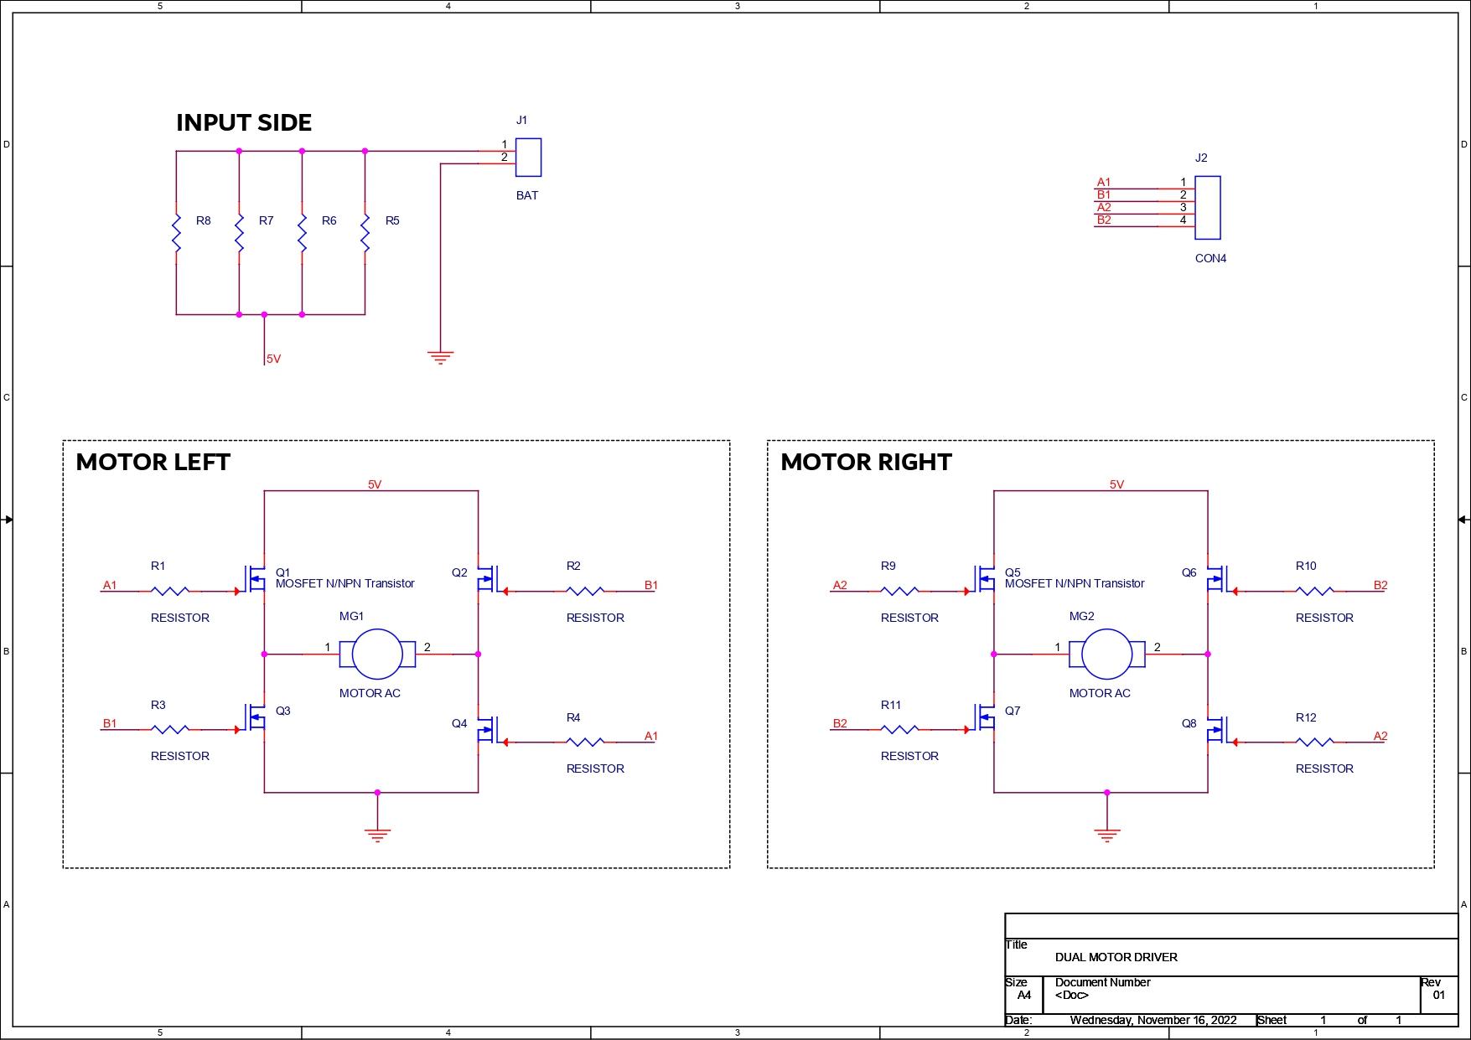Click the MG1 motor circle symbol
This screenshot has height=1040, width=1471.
(x=377, y=654)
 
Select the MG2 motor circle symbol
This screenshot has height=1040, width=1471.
(x=1106, y=654)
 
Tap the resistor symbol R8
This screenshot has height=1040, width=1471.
(x=177, y=233)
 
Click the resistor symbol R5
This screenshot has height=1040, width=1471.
(x=365, y=233)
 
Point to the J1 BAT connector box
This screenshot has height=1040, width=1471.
(x=528, y=158)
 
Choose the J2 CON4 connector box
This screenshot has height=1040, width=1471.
(x=1207, y=207)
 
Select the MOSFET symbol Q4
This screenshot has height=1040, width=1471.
(x=487, y=729)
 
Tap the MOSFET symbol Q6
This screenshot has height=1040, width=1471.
(x=1217, y=577)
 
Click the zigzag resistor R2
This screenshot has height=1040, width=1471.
(x=585, y=591)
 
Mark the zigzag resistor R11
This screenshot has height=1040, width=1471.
(x=899, y=729)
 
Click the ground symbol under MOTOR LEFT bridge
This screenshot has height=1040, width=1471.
(x=377, y=834)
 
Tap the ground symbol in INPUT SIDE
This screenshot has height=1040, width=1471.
(x=440, y=358)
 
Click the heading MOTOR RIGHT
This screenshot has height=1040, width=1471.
(x=866, y=462)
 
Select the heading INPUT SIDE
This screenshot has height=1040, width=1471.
(x=244, y=122)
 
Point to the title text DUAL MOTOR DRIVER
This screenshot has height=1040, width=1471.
(x=1116, y=957)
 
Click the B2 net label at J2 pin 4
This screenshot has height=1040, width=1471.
(x=1104, y=220)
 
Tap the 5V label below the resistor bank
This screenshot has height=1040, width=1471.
(x=273, y=359)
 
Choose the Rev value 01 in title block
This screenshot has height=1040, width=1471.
(x=1438, y=996)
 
